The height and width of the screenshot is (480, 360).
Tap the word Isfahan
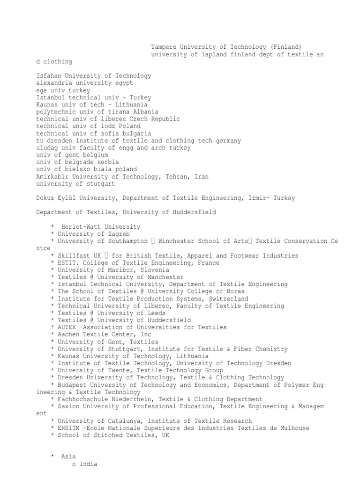49,76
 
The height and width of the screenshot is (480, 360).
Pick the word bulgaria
137,133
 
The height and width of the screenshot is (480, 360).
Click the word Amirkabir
52,176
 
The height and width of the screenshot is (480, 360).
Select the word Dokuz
45,198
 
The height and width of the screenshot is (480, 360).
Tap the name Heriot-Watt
81,227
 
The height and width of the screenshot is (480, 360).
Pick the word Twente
117,370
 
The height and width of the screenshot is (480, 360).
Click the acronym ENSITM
68,428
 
